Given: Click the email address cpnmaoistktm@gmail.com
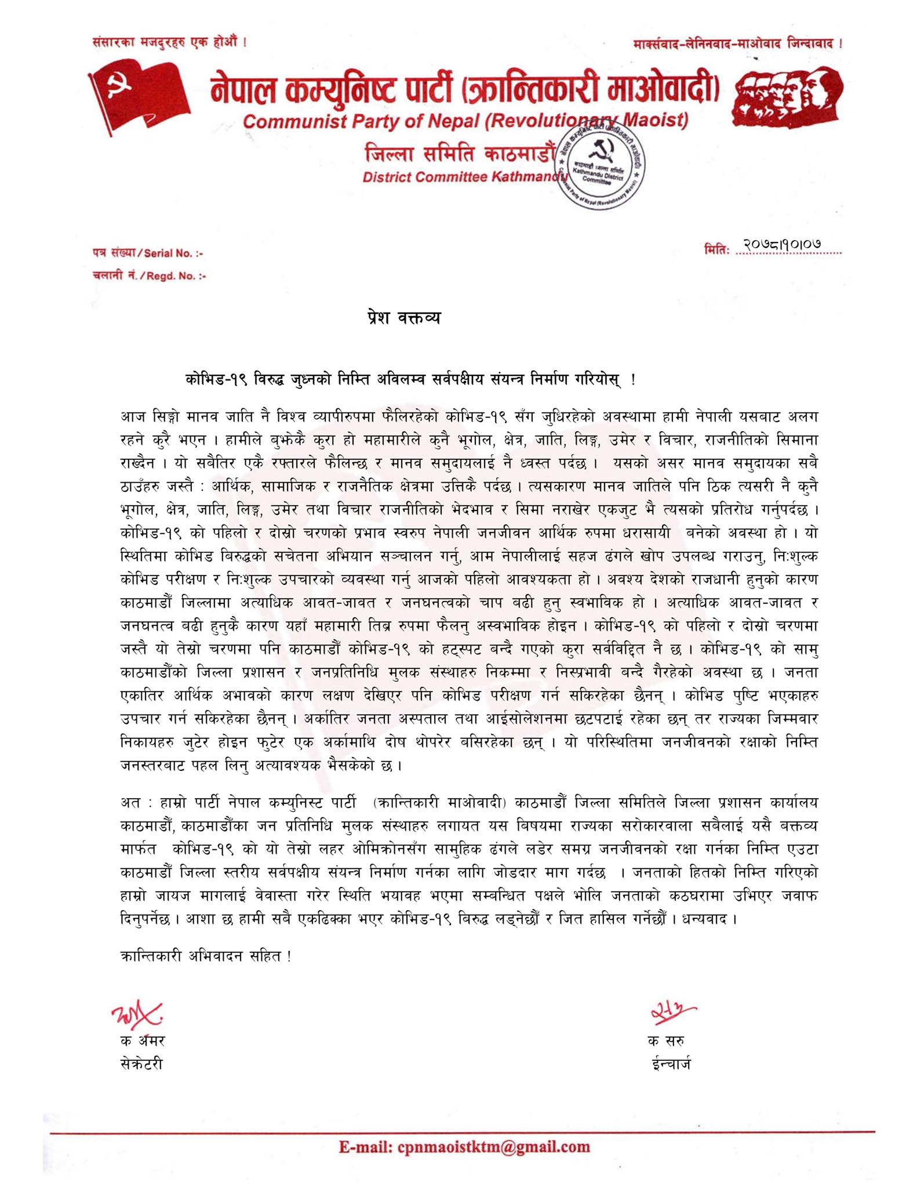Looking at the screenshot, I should [464, 1147].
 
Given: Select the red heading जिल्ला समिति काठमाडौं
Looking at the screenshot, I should [461, 154].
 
